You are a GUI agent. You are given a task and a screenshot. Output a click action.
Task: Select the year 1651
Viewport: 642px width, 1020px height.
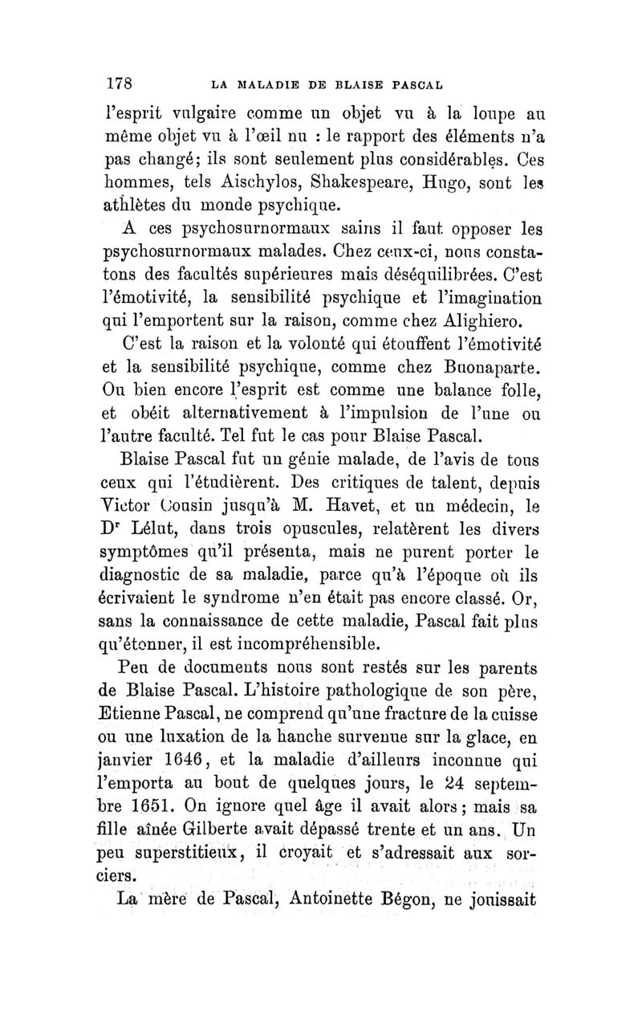click(x=186, y=805)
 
